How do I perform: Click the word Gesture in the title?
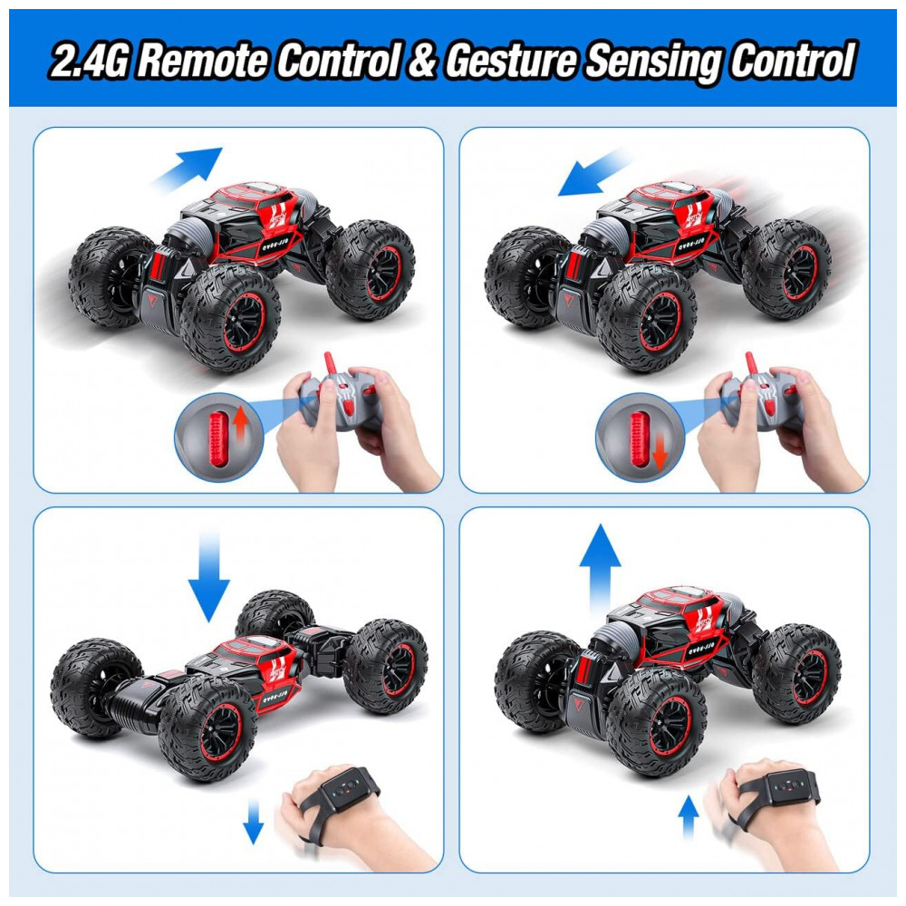point(511,60)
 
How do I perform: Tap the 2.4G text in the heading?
point(89,60)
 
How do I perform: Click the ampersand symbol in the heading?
point(423,60)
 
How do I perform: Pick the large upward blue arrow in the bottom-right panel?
point(601,568)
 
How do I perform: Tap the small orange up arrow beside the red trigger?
point(240,422)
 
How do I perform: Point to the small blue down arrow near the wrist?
point(253,821)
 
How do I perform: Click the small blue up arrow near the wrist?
point(688,816)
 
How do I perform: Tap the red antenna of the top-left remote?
point(331,364)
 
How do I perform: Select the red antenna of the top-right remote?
point(751,364)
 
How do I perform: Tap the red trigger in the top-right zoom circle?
point(639,438)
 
